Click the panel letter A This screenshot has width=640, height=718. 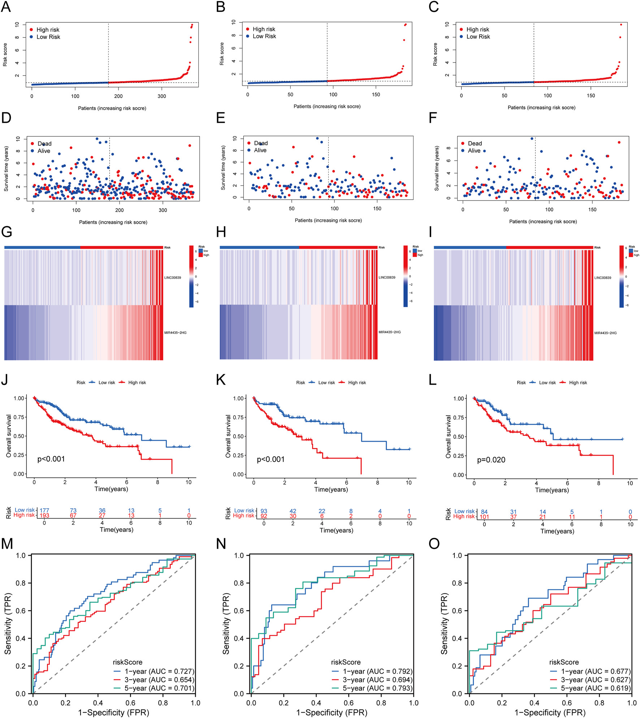tap(6, 7)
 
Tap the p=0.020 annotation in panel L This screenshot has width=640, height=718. tap(491, 460)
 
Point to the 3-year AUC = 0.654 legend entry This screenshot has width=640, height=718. tap(159, 680)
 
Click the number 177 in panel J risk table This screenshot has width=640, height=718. tap(44, 510)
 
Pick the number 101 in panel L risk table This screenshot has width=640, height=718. tap(484, 517)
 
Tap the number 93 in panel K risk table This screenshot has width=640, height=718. tap(264, 511)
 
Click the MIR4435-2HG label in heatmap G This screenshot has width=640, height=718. tap(175, 333)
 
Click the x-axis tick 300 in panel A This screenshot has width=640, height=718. tap(161, 96)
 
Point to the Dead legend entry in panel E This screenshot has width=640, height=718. tap(260, 143)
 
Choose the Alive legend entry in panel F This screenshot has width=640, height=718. tap(474, 151)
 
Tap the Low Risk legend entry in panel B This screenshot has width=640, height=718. tap(264, 36)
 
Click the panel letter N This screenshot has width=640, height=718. tap(221, 544)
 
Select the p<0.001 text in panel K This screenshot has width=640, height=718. tap(271, 459)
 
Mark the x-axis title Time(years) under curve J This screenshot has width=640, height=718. tap(111, 489)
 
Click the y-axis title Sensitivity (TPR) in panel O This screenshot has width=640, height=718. tap(444, 623)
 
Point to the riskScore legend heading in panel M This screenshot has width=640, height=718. tap(127, 662)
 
